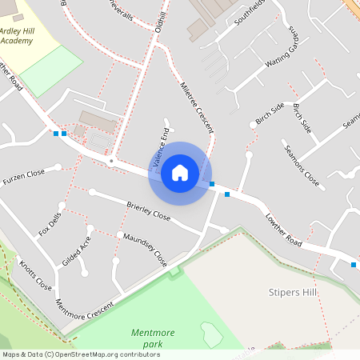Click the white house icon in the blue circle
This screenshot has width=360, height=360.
point(180,173)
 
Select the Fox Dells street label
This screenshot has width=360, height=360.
point(49,225)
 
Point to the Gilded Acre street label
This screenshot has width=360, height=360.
point(77,251)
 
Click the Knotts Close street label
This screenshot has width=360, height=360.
point(35,275)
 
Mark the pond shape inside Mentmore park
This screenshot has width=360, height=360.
point(211,334)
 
